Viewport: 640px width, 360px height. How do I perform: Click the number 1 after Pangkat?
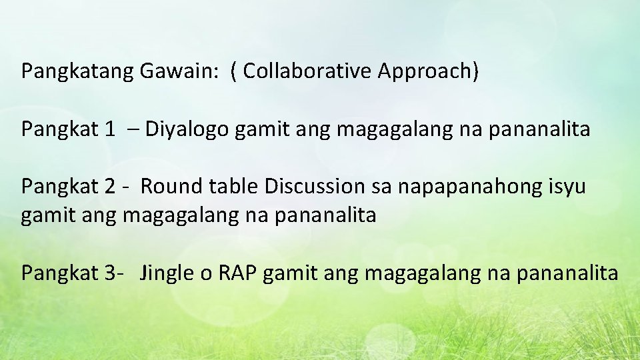[109, 129]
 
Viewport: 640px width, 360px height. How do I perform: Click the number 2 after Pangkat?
[109, 186]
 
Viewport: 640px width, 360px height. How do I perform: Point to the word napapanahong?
[470, 187]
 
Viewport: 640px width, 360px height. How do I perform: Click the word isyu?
[567, 187]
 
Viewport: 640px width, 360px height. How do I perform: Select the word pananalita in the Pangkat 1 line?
[539, 129]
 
